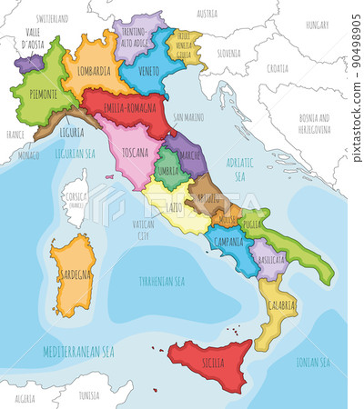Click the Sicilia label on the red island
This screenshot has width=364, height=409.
211,362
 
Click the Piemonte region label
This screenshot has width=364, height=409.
33,94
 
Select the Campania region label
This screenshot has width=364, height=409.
227,244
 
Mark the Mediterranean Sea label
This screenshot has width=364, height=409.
81,350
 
